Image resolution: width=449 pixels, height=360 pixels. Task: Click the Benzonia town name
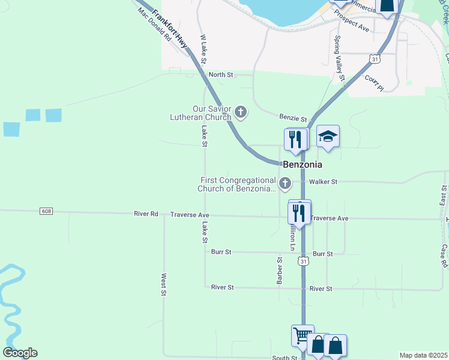point(302,164)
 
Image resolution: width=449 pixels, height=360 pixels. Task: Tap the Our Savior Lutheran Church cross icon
point(241,111)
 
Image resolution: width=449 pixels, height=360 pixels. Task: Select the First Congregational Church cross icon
point(285,182)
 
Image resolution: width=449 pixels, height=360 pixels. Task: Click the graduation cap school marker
point(328,137)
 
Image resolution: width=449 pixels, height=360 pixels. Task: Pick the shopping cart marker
point(303,335)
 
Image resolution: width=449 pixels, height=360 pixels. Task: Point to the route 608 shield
point(46,211)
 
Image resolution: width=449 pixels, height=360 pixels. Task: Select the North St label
point(220,75)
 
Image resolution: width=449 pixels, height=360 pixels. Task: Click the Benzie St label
point(293,118)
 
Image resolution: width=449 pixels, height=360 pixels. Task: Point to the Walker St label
point(323,182)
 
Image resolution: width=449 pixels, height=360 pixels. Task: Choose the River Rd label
point(146,214)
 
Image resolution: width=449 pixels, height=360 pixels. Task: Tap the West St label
point(163,285)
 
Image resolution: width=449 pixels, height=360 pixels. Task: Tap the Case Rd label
point(444,256)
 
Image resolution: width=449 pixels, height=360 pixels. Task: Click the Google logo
point(20,353)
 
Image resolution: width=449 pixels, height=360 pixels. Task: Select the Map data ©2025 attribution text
point(423,355)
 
